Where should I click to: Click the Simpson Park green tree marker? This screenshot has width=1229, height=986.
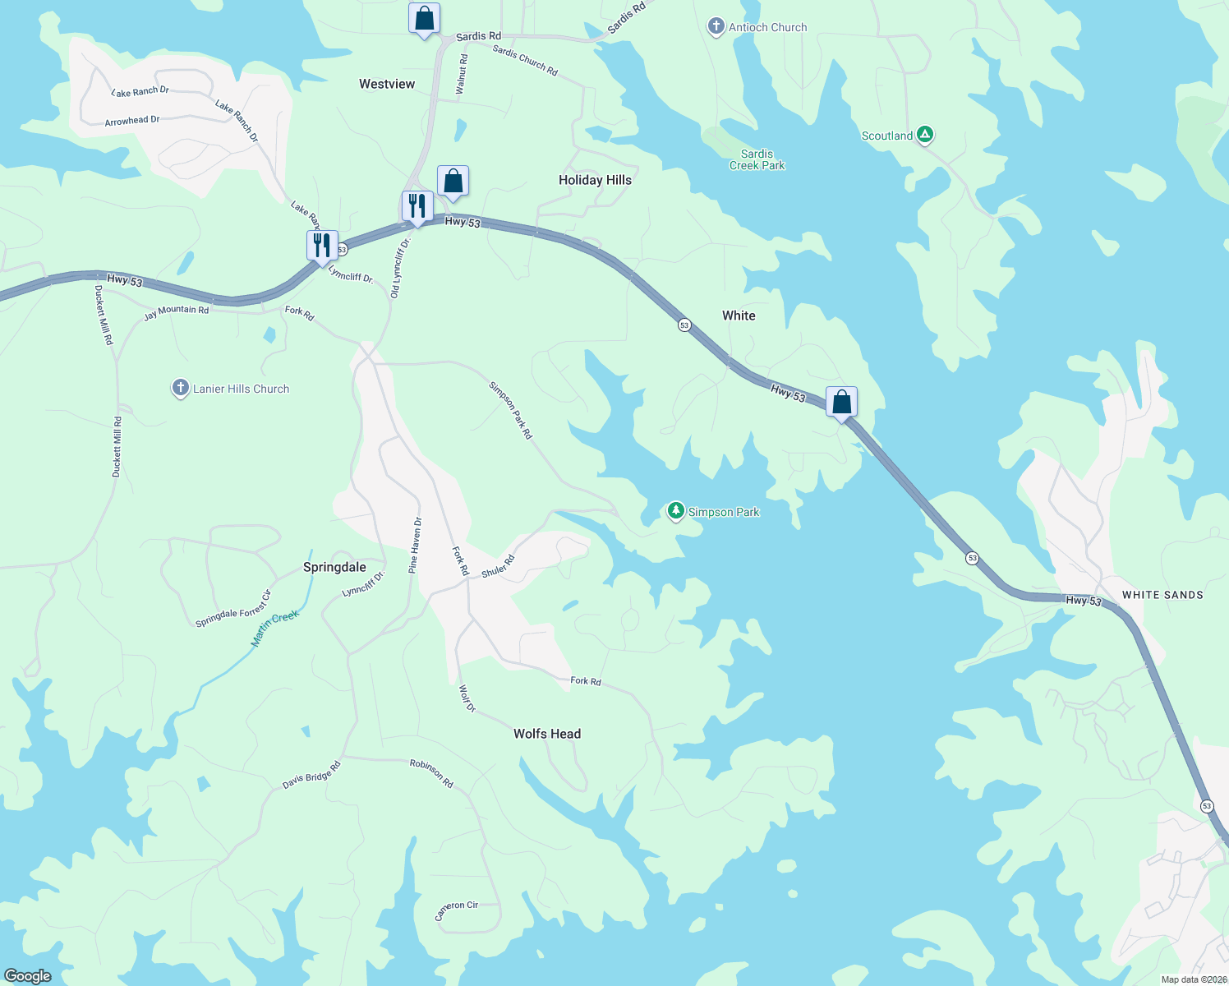pos(676,511)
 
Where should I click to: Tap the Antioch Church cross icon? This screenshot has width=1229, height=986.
pos(716,27)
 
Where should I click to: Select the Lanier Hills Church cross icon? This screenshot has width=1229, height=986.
pos(181,388)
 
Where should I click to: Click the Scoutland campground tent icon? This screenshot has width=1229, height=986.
pos(925,135)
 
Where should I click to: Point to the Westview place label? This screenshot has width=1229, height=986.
pos(387,84)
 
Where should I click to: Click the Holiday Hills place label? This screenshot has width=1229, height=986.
pos(595,180)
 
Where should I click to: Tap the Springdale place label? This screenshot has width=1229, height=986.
pos(334,567)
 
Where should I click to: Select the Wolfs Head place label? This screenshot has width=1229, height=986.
pos(547,734)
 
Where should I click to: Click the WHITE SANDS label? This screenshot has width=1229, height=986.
pos(1162,595)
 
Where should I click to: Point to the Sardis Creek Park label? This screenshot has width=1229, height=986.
pos(757,159)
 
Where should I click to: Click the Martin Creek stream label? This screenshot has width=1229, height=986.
pos(275,629)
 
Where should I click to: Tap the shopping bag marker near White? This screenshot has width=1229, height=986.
pos(841,402)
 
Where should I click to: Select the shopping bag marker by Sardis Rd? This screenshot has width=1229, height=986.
pos(424,17)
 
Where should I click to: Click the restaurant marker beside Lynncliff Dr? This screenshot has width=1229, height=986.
pos(322,245)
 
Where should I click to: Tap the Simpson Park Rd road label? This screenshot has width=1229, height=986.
pos(510,410)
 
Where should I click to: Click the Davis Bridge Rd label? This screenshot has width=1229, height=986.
pos(311,775)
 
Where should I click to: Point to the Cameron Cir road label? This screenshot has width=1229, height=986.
pos(456,910)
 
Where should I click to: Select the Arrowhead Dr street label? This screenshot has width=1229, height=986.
pos(132,121)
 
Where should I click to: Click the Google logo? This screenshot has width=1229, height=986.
pos(27,976)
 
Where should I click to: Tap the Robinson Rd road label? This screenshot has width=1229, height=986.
pos(431,773)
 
